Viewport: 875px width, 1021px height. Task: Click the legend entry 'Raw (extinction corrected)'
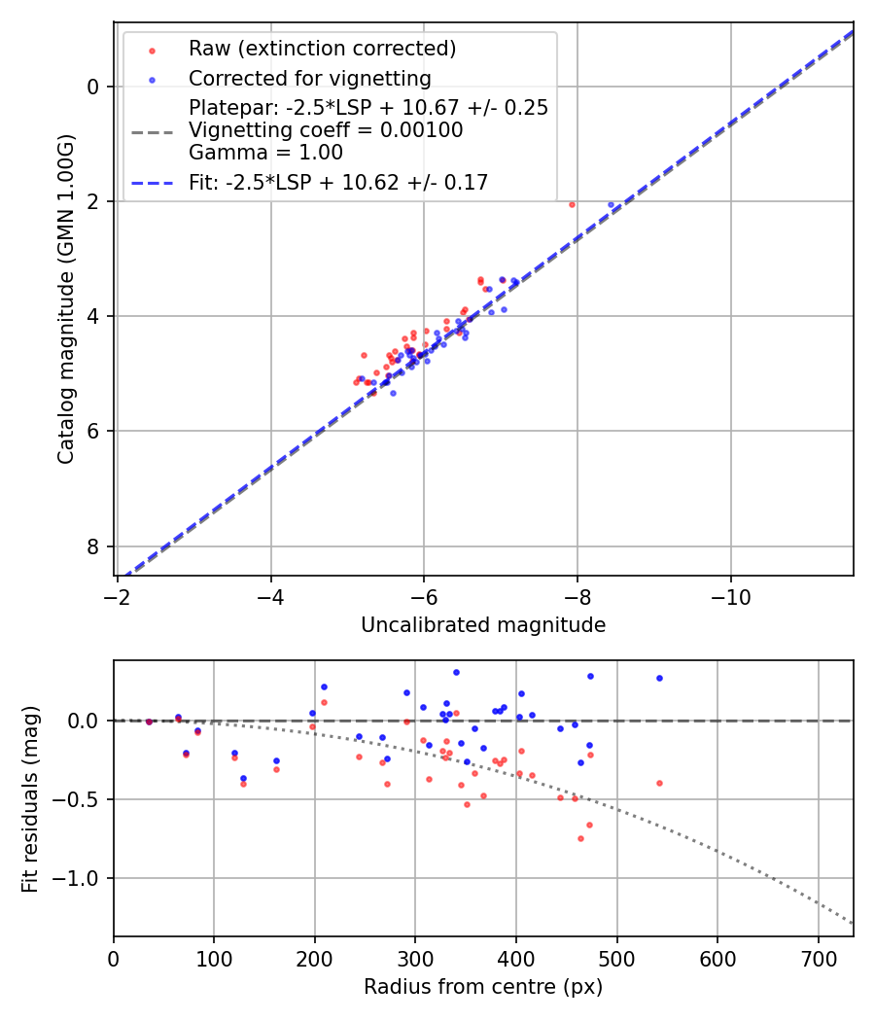point(322,49)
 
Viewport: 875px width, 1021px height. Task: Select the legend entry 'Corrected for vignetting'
point(309,78)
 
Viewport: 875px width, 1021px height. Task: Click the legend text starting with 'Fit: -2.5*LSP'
point(338,183)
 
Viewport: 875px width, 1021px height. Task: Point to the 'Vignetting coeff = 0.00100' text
point(326,130)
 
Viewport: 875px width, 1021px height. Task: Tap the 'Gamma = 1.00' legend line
point(265,153)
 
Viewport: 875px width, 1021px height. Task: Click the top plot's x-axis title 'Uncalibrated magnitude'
point(483,625)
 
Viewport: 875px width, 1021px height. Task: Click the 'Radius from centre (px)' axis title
point(483,987)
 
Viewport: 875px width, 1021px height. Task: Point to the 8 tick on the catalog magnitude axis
point(94,546)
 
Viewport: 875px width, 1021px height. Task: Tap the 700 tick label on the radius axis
point(818,958)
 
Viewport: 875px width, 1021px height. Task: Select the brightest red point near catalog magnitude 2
point(572,204)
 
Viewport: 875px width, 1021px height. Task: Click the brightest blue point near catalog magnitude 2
point(611,205)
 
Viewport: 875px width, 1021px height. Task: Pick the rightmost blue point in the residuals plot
point(659,678)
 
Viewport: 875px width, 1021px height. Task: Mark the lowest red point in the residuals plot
point(580,838)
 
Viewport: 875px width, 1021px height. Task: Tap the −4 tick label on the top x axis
point(270,597)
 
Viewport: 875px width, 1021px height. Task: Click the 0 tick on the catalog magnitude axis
point(94,87)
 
